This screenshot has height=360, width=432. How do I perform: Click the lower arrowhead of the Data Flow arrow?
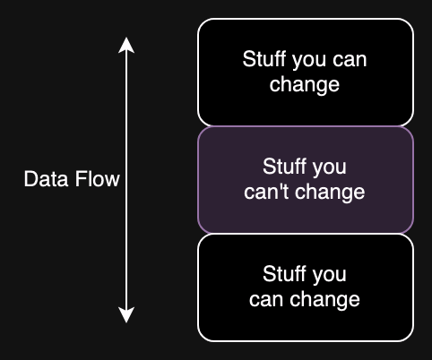tap(127, 314)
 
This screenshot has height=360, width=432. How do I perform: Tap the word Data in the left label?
tap(43, 180)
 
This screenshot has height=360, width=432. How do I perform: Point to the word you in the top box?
tap(314, 60)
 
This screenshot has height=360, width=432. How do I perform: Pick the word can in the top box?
tap(352, 60)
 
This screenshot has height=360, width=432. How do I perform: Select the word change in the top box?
tap(305, 85)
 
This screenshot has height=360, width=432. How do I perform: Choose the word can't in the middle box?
tap(265, 192)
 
